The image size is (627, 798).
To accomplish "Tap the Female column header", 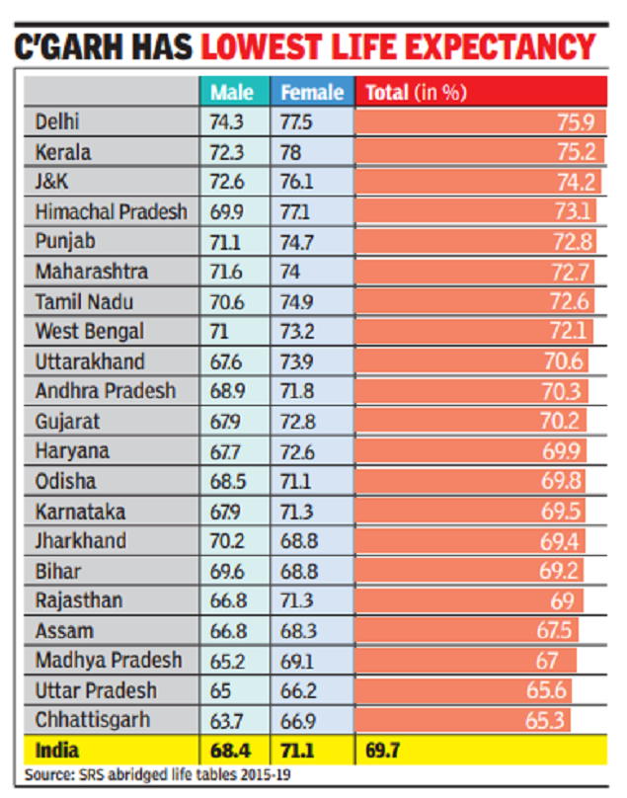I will pyautogui.click(x=312, y=93).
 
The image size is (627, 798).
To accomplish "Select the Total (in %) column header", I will pyautogui.click(x=416, y=93).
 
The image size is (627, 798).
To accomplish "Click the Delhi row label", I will pyautogui.click(x=57, y=122).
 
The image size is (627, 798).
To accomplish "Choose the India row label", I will pyautogui.click(x=57, y=750).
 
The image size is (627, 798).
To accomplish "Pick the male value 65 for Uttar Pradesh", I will pyautogui.click(x=221, y=690).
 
